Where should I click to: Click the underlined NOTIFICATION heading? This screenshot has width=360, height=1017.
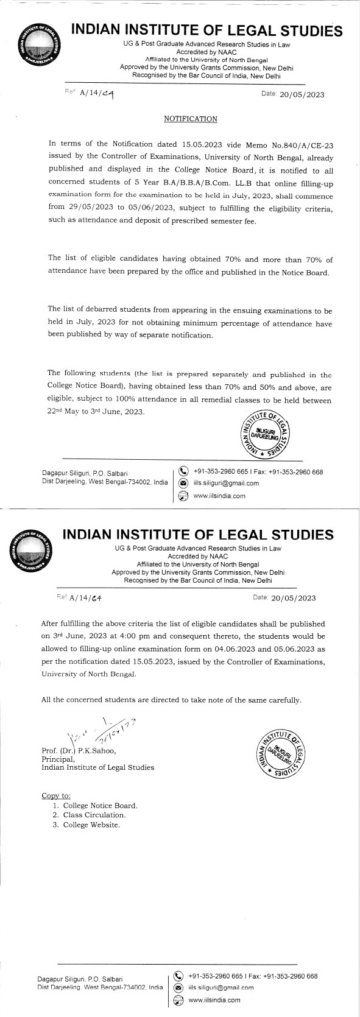click(x=191, y=119)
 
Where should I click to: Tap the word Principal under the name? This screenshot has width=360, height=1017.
click(x=57, y=759)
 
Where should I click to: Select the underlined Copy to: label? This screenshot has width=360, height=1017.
click(x=56, y=795)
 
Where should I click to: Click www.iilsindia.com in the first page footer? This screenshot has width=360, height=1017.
click(x=219, y=495)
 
